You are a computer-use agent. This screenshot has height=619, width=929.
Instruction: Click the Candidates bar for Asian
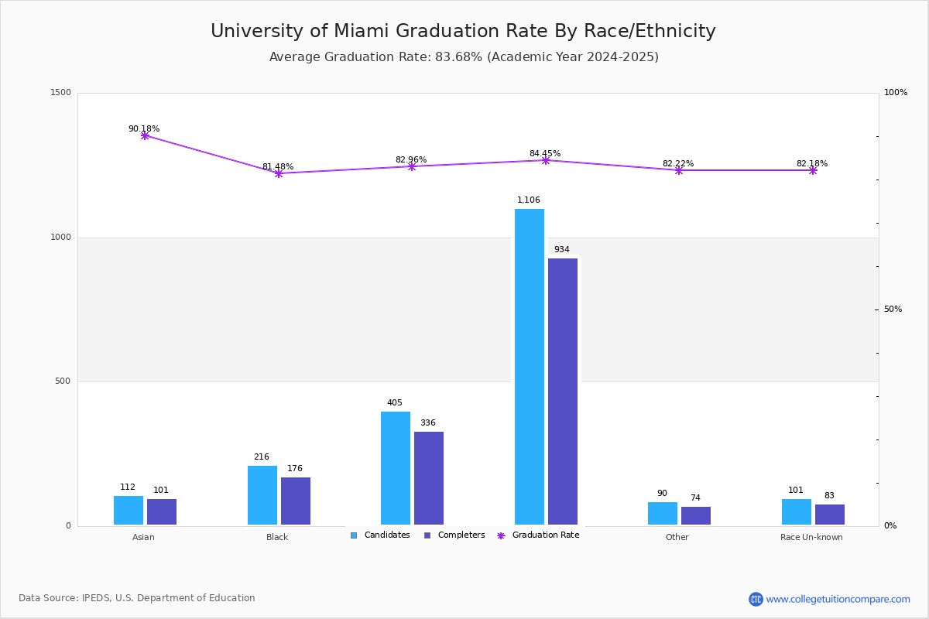click(129, 511)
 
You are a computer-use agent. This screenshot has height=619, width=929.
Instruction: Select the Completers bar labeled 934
click(563, 392)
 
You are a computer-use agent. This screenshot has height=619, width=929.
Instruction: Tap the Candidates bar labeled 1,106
click(530, 367)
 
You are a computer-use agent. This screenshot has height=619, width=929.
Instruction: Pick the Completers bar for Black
click(296, 501)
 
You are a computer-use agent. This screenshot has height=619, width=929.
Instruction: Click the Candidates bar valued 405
click(396, 468)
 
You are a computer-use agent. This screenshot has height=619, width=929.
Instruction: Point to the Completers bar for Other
click(696, 516)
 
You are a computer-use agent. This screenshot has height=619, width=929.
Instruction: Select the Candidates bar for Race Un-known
click(797, 512)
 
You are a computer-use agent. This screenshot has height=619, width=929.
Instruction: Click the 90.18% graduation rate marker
click(145, 135)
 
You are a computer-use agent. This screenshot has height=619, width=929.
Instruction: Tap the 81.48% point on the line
click(279, 173)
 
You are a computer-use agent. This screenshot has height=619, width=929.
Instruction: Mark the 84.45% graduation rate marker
click(546, 160)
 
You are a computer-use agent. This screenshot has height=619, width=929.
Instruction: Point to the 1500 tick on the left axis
click(62, 93)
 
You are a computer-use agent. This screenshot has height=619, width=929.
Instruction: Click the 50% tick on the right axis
click(893, 309)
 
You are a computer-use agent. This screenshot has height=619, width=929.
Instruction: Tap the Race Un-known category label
click(811, 537)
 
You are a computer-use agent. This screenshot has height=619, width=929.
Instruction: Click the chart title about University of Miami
click(463, 32)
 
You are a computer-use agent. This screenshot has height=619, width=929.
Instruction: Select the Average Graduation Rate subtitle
click(464, 57)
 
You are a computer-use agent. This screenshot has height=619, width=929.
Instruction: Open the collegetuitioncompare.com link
click(838, 599)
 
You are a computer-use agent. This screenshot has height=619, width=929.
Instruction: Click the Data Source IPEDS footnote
click(137, 598)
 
